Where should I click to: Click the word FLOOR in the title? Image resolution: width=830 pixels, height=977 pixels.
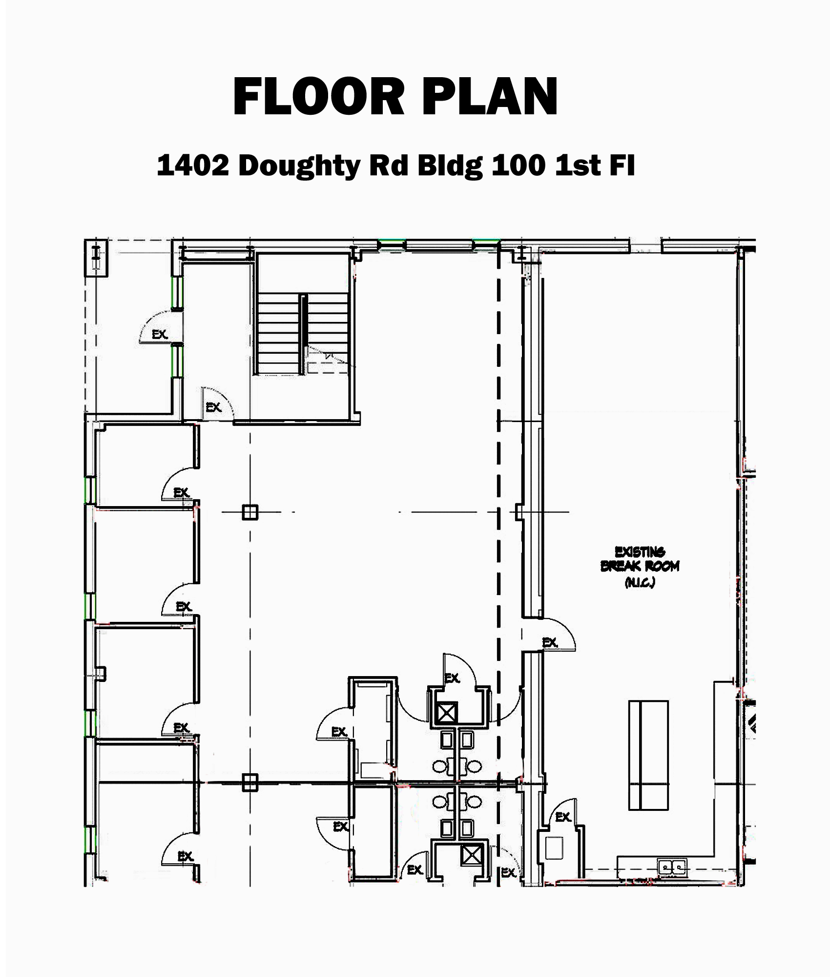pos(319,97)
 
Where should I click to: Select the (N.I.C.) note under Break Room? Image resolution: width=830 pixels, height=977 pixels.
pos(640,582)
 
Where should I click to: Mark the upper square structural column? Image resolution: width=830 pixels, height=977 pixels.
pos(249,512)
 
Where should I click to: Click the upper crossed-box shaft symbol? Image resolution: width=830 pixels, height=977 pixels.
pos(447,713)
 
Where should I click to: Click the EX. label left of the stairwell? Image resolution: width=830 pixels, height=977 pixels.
pos(160,335)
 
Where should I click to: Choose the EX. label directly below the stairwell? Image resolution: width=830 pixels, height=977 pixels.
pos(214,407)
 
